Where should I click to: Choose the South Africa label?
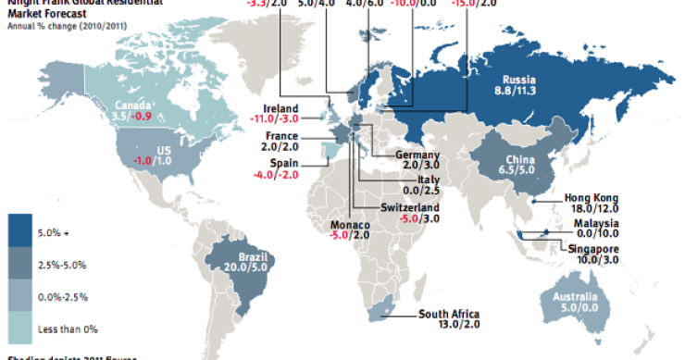coord(448,313)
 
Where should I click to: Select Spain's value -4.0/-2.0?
coord(277,173)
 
